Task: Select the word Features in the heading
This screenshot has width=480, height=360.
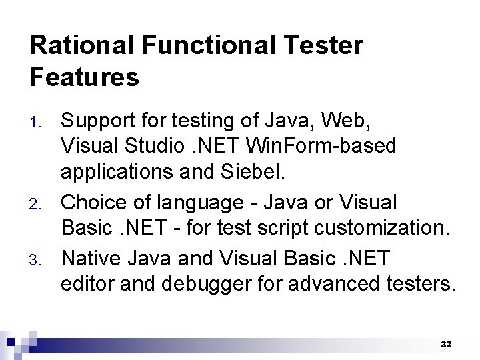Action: [x=84, y=77]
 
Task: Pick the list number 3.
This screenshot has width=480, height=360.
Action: [x=37, y=259]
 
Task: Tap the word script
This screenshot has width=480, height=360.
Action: [x=268, y=228]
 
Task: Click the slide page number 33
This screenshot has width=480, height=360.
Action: [x=446, y=345]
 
